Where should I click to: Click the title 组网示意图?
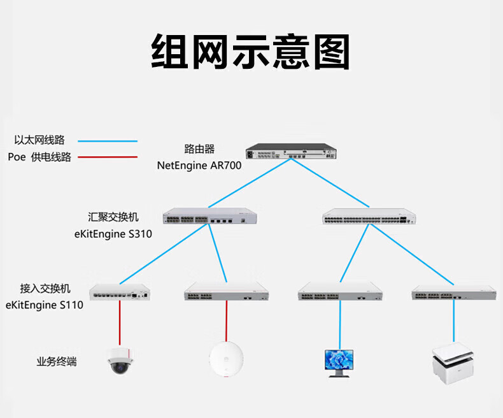pyautogui.click(x=251, y=52)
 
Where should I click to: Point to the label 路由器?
pyautogui.click(x=199, y=149)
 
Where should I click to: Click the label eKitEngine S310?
pyautogui.click(x=113, y=233)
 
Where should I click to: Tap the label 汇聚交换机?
pyautogui.click(x=113, y=217)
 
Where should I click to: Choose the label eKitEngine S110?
pyautogui.click(x=44, y=305)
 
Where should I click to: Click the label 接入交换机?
pyautogui.click(x=44, y=288)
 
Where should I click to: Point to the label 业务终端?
pyautogui.click(x=56, y=362)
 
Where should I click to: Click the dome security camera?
pyautogui.click(x=119, y=359)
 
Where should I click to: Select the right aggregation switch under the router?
pyautogui.click(x=368, y=217)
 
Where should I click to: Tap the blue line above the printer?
pyautogui.click(x=454, y=322)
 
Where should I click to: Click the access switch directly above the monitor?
pyautogui.click(x=340, y=291)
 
